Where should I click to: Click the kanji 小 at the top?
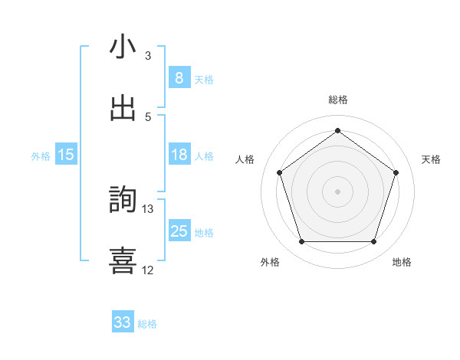pos(123,47)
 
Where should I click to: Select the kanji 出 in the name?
pos(123,108)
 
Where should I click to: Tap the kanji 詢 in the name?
pos(123,199)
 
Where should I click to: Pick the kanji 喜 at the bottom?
pos(123,260)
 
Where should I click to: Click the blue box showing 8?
pos(179,77)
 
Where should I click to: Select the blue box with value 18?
pos(179,155)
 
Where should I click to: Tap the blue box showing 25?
pos(179,231)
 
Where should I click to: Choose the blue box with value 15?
pos(66,155)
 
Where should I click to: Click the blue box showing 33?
pos(123,322)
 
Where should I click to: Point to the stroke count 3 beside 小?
pos(148,56)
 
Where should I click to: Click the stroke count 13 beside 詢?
pos(148,208)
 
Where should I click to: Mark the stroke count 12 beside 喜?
pos(148,270)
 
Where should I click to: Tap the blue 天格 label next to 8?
pos(204,79)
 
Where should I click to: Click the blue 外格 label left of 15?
pos(41,156)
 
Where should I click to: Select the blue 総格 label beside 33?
pos(147,324)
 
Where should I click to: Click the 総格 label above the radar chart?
pos(338,100)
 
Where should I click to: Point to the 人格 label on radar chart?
pos(245,159)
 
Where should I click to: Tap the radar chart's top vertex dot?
pos(338,131)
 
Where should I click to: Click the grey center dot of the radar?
pos(338,191)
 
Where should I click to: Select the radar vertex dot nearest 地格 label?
pos(374,242)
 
